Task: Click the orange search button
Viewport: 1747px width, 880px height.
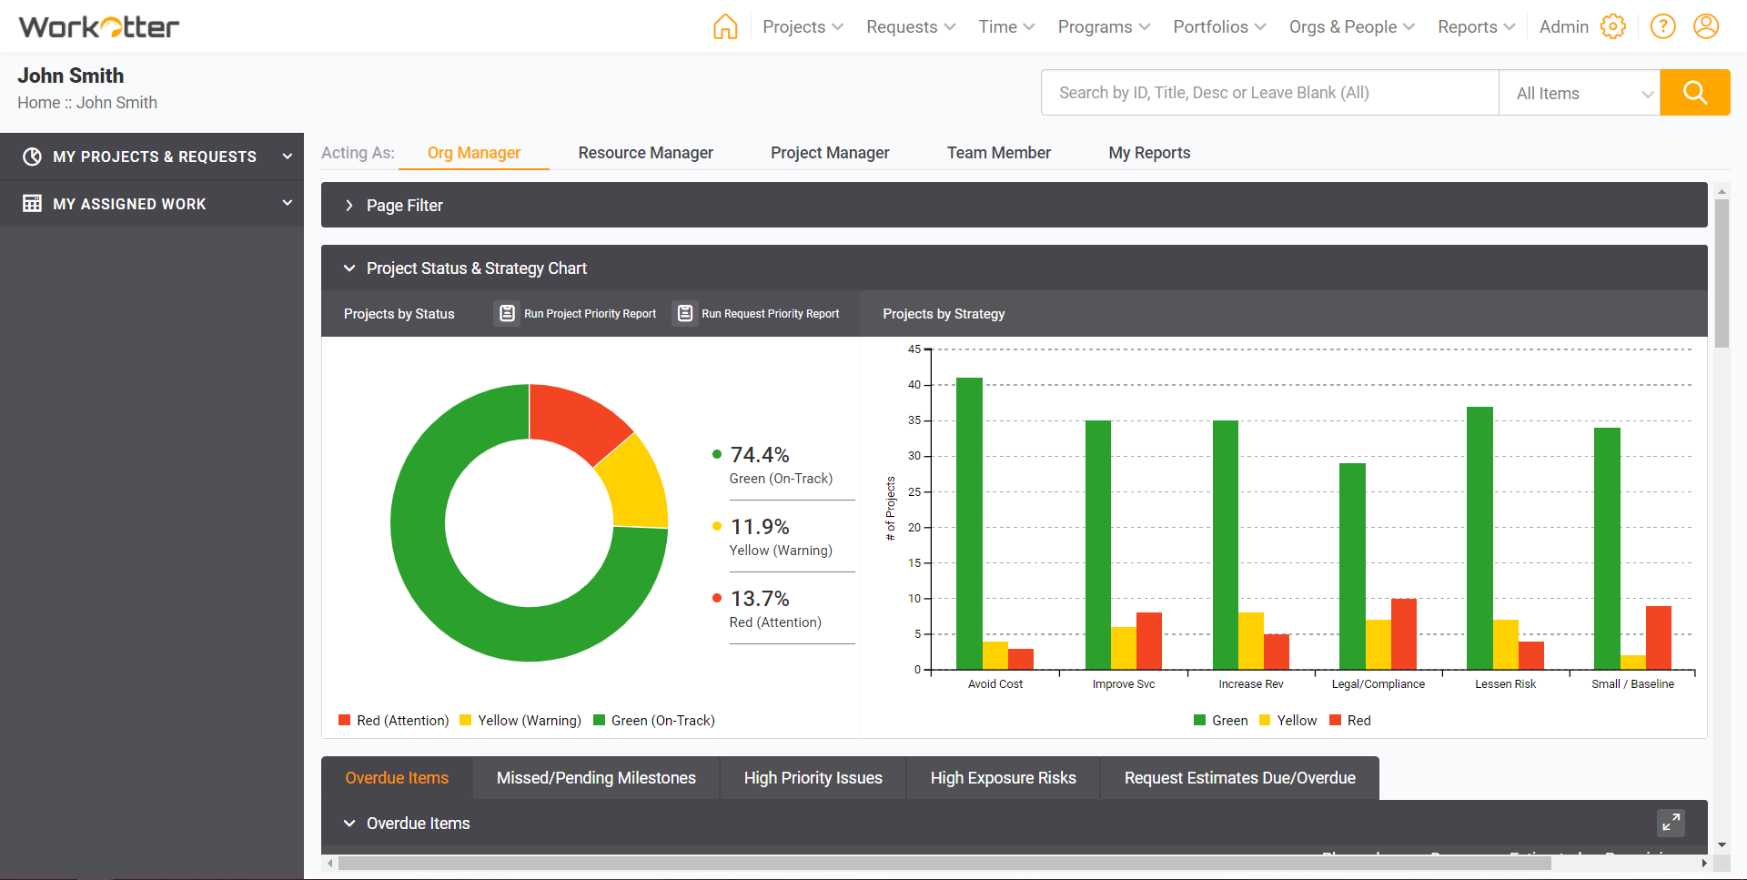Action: click(1694, 93)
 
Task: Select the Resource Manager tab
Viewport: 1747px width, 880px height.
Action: click(645, 153)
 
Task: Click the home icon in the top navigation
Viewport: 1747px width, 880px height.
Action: click(725, 26)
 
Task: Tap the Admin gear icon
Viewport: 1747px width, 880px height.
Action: click(1612, 26)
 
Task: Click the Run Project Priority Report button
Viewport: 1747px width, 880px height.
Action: click(576, 314)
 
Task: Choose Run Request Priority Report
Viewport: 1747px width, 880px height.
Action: click(757, 314)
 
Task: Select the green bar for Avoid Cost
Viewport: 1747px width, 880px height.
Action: click(969, 523)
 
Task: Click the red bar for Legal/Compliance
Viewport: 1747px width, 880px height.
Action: click(1404, 633)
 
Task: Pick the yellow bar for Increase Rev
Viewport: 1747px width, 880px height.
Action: click(1251, 641)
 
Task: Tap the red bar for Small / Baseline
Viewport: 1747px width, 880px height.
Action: click(1658, 637)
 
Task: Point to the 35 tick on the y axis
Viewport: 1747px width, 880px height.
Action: click(914, 420)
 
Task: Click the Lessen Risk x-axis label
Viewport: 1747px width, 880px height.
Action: click(1505, 684)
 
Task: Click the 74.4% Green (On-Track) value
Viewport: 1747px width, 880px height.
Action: click(760, 455)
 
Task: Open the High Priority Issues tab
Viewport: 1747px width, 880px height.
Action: click(813, 778)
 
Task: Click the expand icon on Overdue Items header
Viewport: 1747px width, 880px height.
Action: click(1671, 823)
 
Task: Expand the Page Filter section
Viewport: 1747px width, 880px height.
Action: click(404, 206)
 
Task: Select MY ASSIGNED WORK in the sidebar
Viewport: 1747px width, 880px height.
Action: click(129, 204)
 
